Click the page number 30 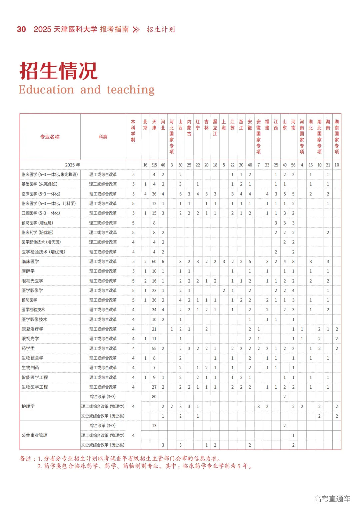click(21, 29)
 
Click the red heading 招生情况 click(58, 71)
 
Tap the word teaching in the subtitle click(131, 90)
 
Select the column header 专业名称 click(50, 137)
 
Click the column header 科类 click(103, 137)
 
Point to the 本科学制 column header click(133, 131)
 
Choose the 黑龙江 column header click(215, 128)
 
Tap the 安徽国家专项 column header click(258, 137)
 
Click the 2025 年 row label click(72, 165)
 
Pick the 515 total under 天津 click(154, 165)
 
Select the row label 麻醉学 click(28, 271)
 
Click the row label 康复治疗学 click(32, 329)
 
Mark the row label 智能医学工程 click(35, 377)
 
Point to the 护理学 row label click(28, 406)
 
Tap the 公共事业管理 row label click(34, 435)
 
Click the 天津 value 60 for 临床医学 click(154, 262)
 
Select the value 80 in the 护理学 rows click(154, 397)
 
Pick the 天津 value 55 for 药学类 click(154, 348)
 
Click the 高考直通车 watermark click(332, 499)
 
